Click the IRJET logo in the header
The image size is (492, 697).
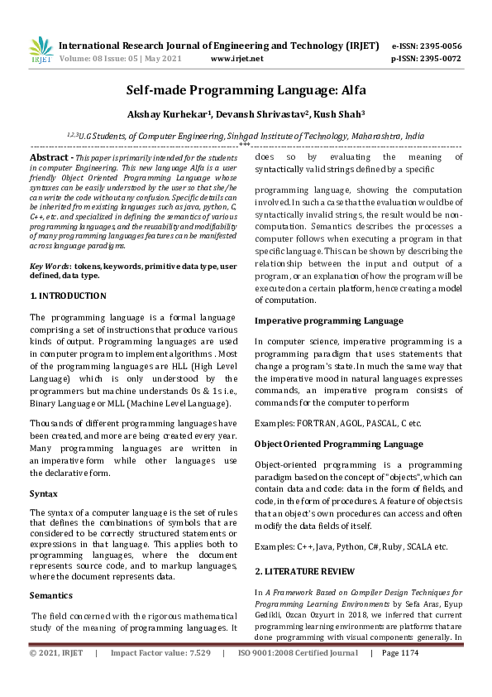click(x=41, y=51)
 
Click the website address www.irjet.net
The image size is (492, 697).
click(x=236, y=60)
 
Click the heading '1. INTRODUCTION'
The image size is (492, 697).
click(x=68, y=295)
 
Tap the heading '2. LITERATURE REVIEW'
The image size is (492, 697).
click(x=304, y=571)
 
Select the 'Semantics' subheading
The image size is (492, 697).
click(x=51, y=595)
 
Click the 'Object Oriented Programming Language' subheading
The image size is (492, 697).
click(x=338, y=445)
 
